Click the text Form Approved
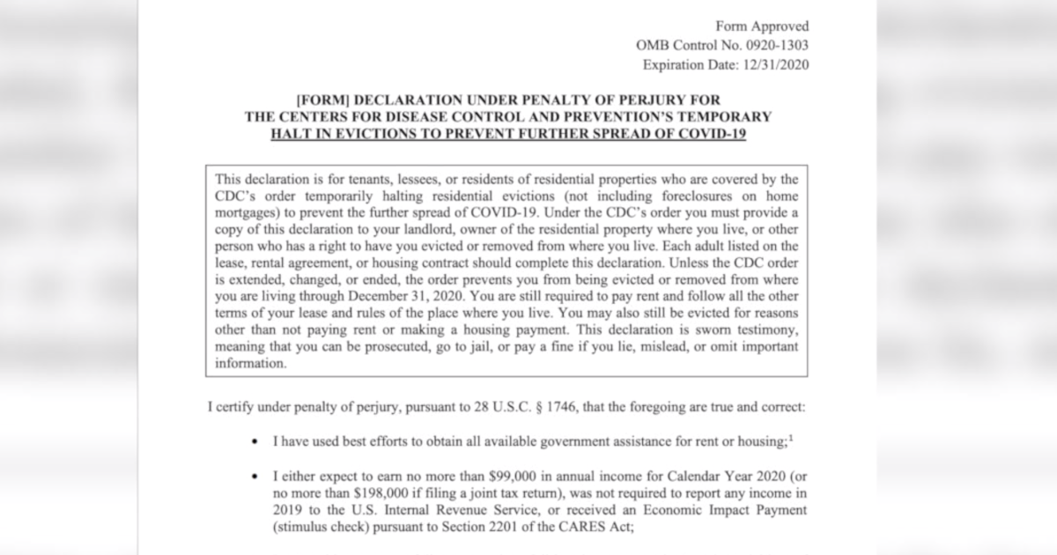click(762, 26)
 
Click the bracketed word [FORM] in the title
click(327, 100)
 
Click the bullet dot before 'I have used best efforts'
click(255, 440)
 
